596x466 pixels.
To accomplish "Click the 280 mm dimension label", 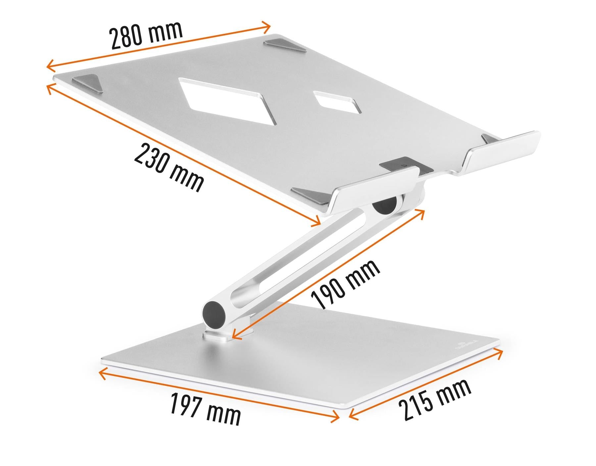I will tap(146, 35).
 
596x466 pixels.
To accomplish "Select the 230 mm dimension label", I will tap(169, 167).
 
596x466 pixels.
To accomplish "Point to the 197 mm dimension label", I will tap(205, 409).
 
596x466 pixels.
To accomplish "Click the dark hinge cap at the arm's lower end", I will tap(214, 313).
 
